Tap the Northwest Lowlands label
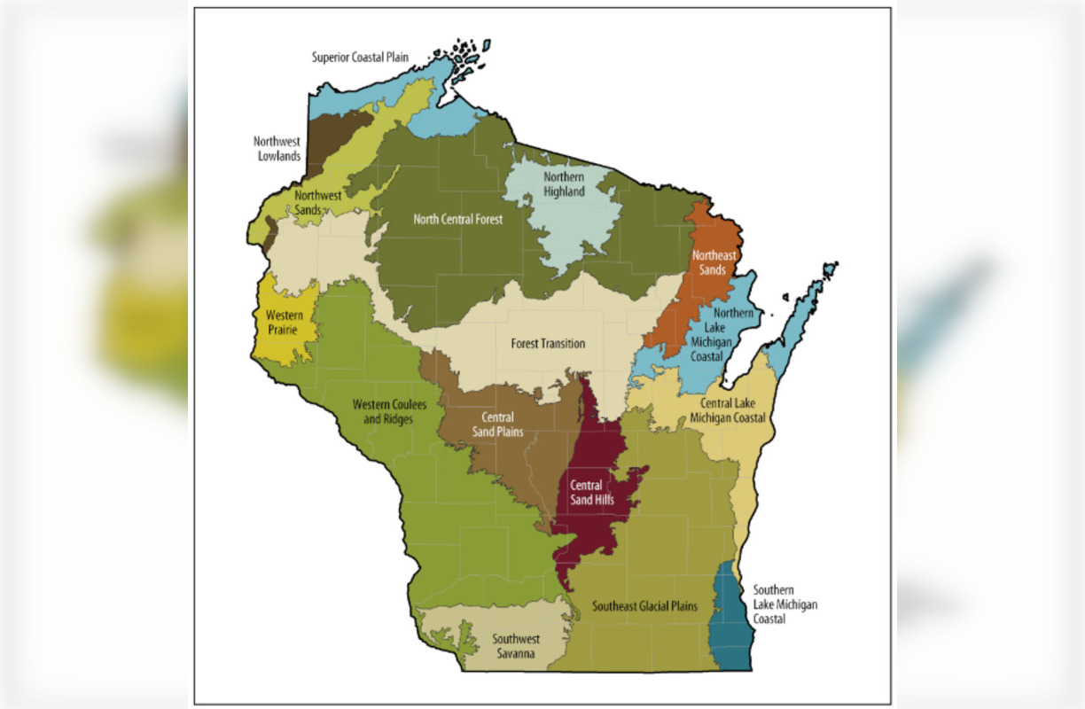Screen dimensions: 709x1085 [277, 148]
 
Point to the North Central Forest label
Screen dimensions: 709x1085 [457, 218]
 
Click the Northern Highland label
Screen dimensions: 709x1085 [564, 184]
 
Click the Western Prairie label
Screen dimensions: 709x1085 [281, 323]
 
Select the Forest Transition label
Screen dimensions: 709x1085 [548, 343]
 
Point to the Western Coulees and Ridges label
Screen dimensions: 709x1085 [389, 411]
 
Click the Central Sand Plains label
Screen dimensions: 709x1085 [503, 425]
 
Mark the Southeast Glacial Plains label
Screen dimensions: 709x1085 [644, 607]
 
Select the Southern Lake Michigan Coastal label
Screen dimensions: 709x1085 [785, 604]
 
